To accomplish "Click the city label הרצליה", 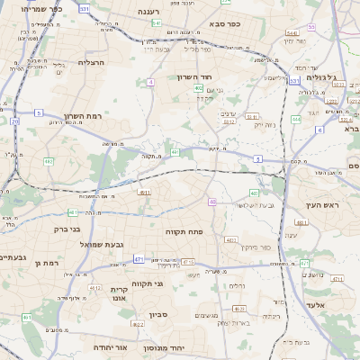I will (x=92, y=62).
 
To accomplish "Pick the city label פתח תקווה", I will (x=186, y=232).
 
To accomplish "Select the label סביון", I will (x=159, y=316).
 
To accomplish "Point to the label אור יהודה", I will (x=110, y=347).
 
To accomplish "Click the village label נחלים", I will (x=236, y=286).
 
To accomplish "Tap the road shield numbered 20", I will (x=15, y=120).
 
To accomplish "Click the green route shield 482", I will (x=48, y=161).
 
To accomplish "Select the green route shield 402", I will (x=198, y=88).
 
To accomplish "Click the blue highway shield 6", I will (x=319, y=130).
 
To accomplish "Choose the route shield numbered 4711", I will (x=337, y=279).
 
